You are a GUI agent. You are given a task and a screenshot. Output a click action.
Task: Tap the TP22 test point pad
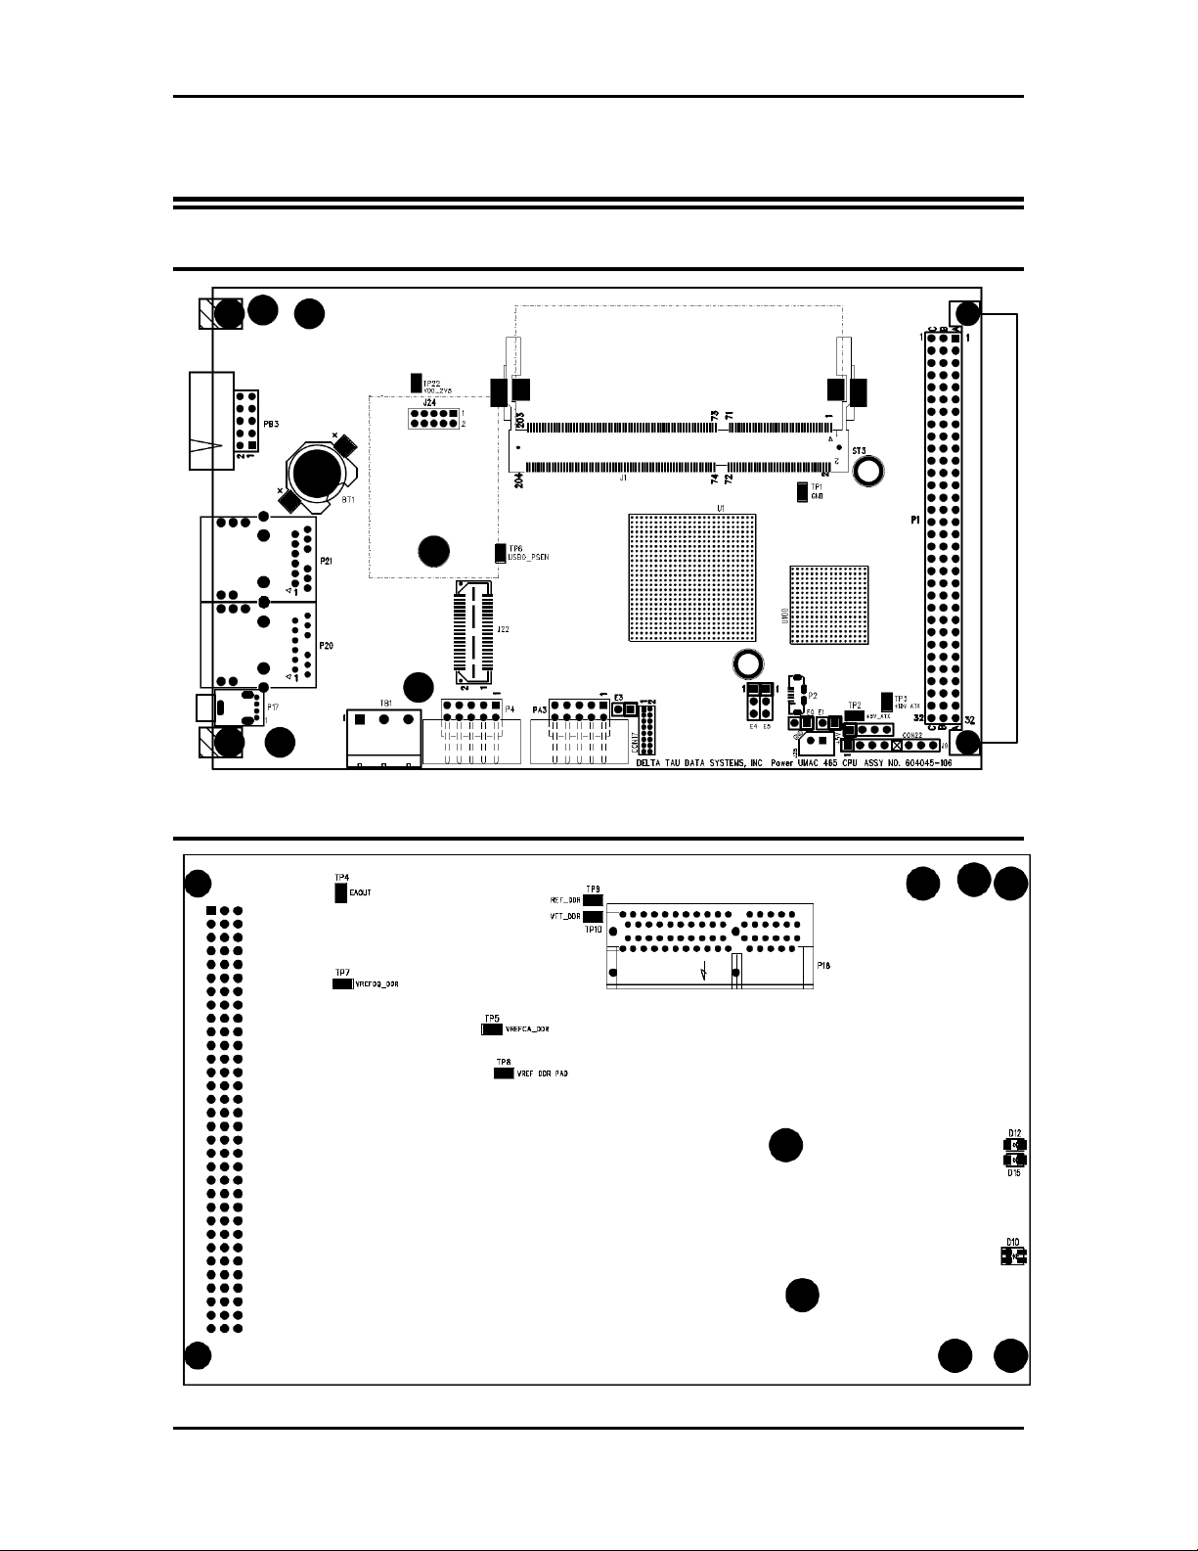point(416,382)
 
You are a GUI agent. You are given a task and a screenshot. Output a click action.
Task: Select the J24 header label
point(428,402)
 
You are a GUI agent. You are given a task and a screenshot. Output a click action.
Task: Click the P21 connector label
point(326,562)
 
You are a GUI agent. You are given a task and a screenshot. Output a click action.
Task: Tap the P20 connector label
point(326,647)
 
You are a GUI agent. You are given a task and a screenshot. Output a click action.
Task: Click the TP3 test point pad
point(887,701)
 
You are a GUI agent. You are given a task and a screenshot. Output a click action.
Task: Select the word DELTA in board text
point(650,765)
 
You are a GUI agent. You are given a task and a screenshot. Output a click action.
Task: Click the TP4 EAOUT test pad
point(341,893)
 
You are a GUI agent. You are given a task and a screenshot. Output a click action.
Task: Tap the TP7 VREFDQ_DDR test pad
point(342,983)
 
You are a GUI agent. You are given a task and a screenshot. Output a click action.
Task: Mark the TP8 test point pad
point(503,1073)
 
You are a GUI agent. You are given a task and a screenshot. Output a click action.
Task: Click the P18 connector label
point(823,965)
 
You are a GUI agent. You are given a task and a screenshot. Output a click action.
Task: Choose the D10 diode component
point(1013,1255)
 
